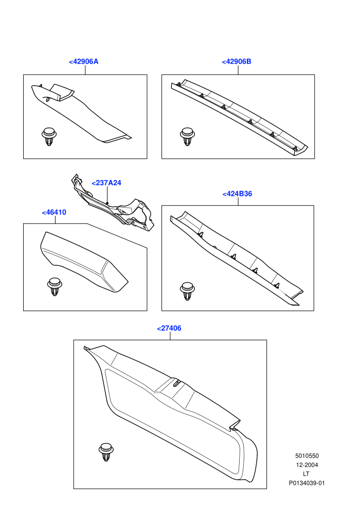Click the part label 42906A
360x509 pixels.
click(x=83, y=62)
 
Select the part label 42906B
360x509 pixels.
click(x=237, y=62)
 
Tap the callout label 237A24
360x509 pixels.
click(x=106, y=183)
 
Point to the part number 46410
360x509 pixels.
click(x=54, y=213)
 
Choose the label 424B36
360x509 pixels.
click(x=237, y=194)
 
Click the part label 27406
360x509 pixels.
click(x=169, y=328)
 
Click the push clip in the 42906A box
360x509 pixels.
click(x=49, y=137)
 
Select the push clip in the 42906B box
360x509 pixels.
click(x=187, y=137)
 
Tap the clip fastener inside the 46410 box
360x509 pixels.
click(x=54, y=287)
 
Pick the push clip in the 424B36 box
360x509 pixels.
click(x=187, y=291)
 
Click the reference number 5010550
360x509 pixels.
click(x=307, y=456)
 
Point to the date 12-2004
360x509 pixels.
click(x=307, y=465)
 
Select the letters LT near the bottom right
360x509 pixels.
click(x=306, y=474)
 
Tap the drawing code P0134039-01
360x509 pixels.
click(x=307, y=483)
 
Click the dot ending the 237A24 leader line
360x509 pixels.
click(x=107, y=203)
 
